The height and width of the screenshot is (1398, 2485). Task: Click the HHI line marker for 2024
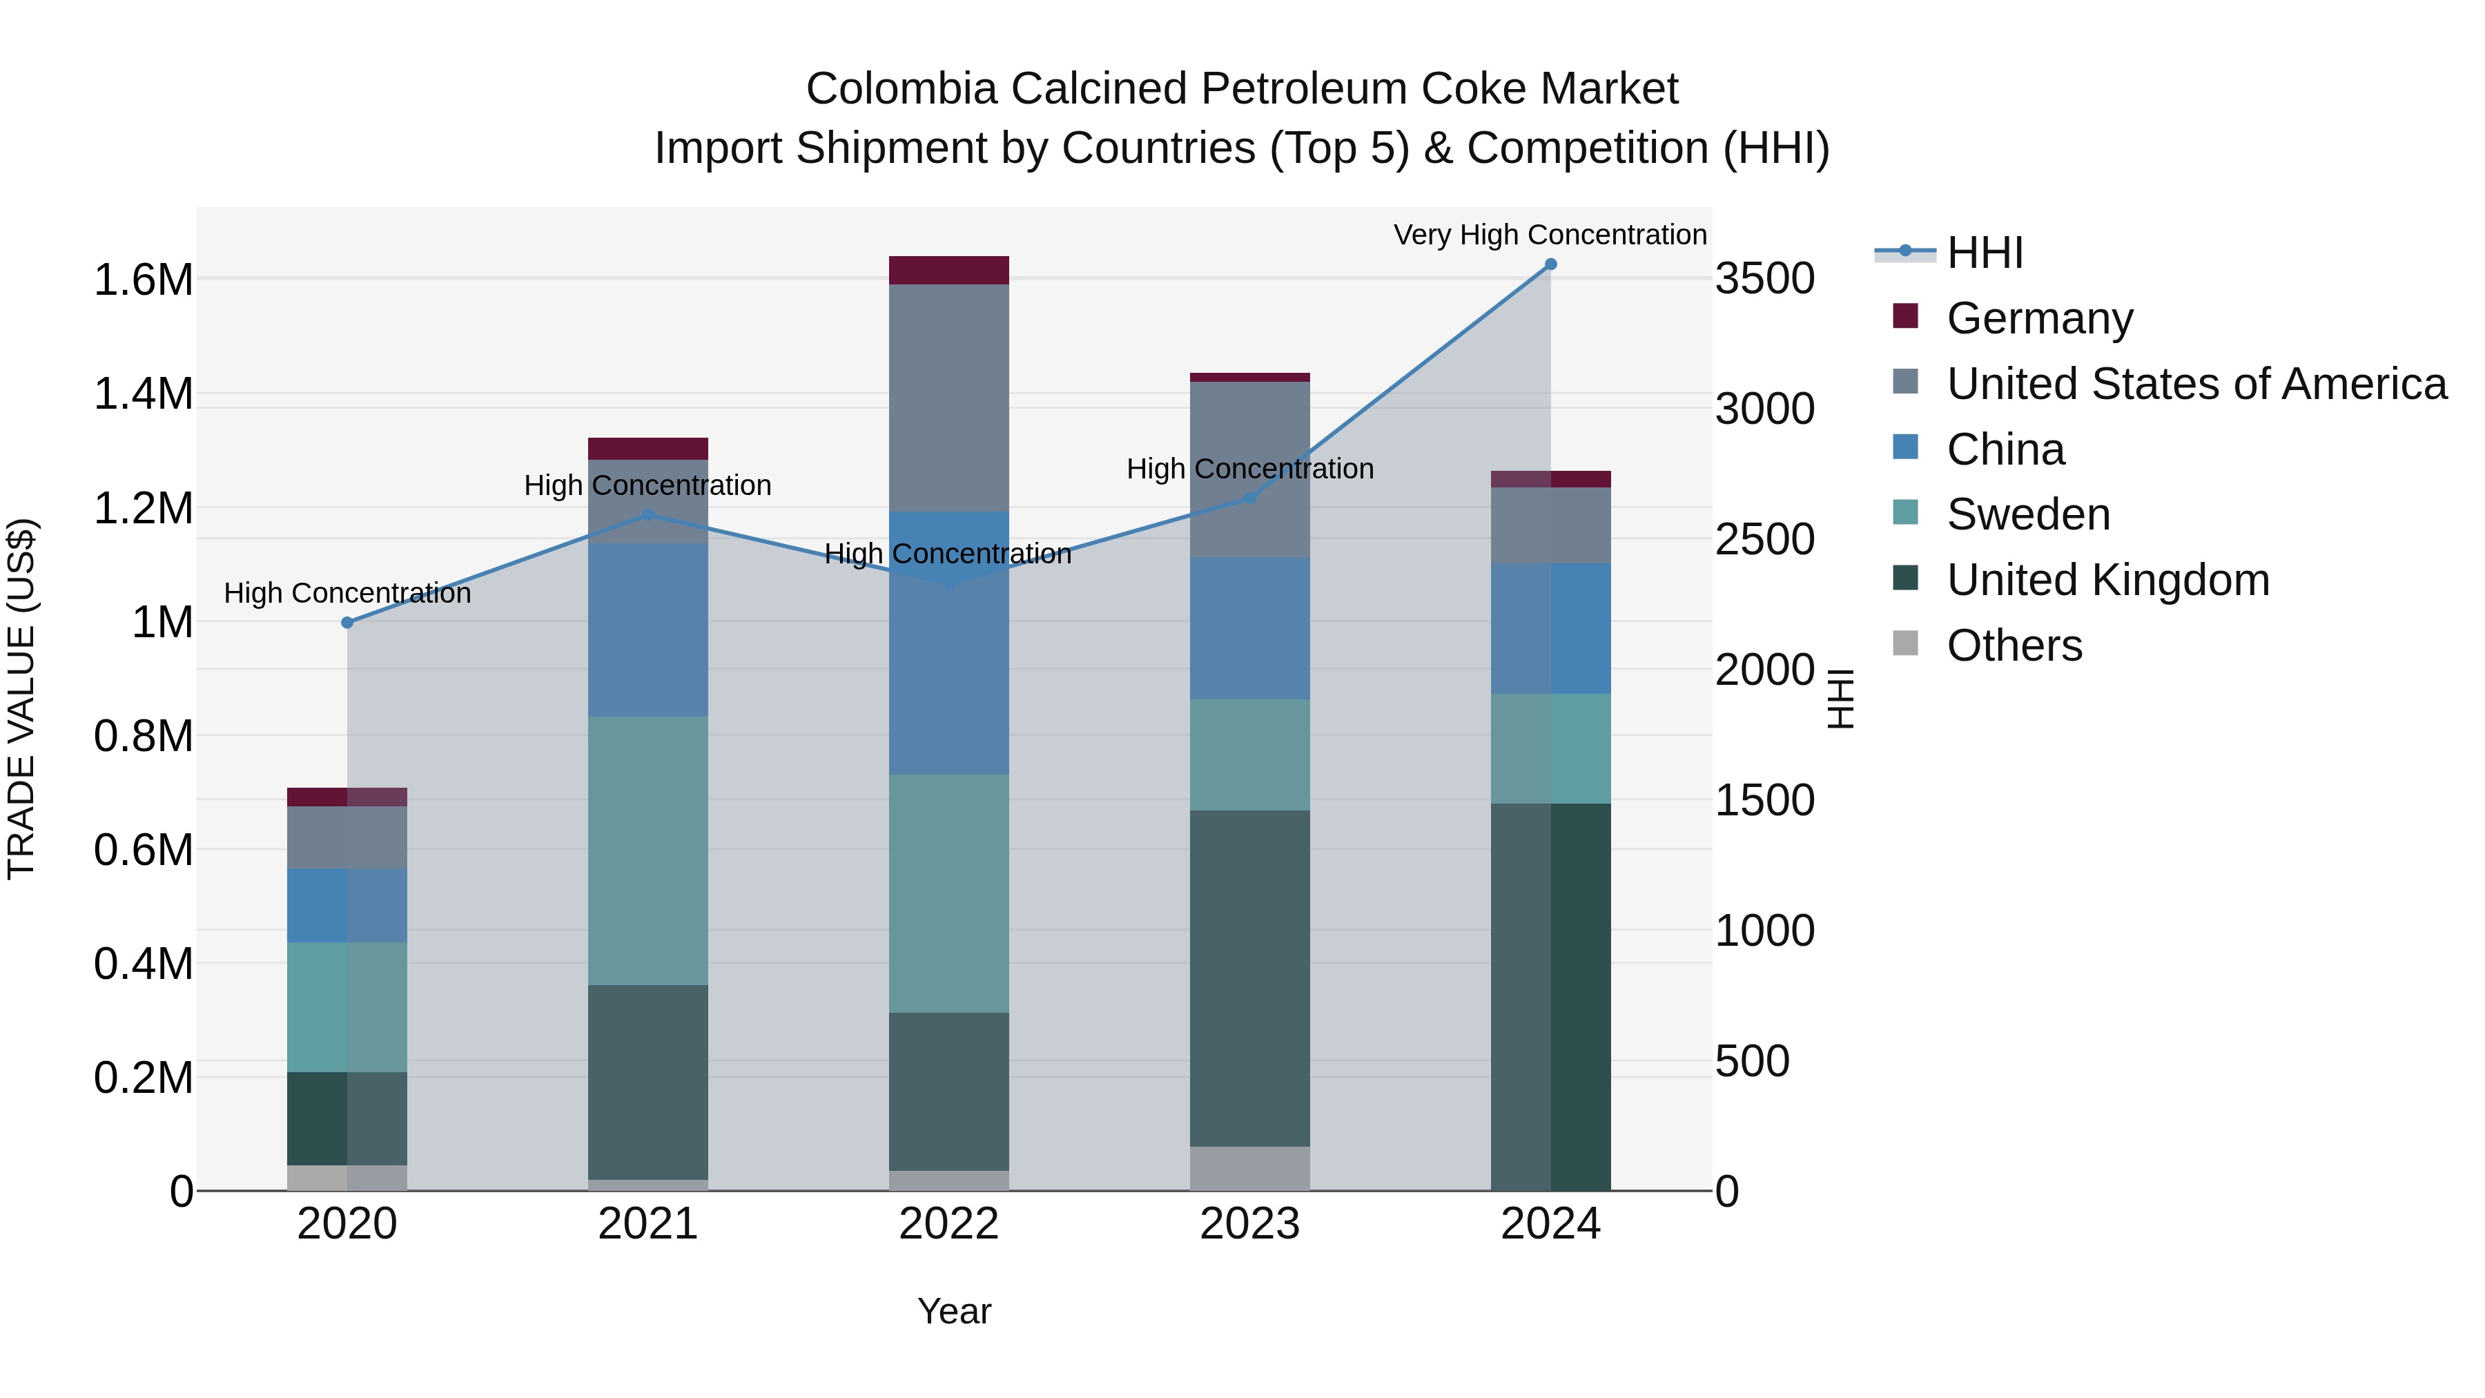[x=1550, y=264]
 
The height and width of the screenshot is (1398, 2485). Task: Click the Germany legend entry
[x=2038, y=318]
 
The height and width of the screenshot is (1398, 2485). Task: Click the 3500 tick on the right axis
[x=1764, y=280]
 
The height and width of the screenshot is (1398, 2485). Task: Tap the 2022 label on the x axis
[x=948, y=1224]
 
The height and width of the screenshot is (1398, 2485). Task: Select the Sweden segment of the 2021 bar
[x=647, y=851]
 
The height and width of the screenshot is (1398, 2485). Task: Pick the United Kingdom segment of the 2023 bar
[x=1249, y=978]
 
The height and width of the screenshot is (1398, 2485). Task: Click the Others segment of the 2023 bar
[x=1249, y=1168]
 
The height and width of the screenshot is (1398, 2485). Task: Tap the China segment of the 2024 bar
[x=1550, y=629]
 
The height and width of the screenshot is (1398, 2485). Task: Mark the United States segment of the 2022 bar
[x=948, y=398]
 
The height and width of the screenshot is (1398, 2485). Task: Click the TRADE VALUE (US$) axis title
[x=21, y=699]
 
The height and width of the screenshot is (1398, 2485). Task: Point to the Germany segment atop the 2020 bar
[x=347, y=797]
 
